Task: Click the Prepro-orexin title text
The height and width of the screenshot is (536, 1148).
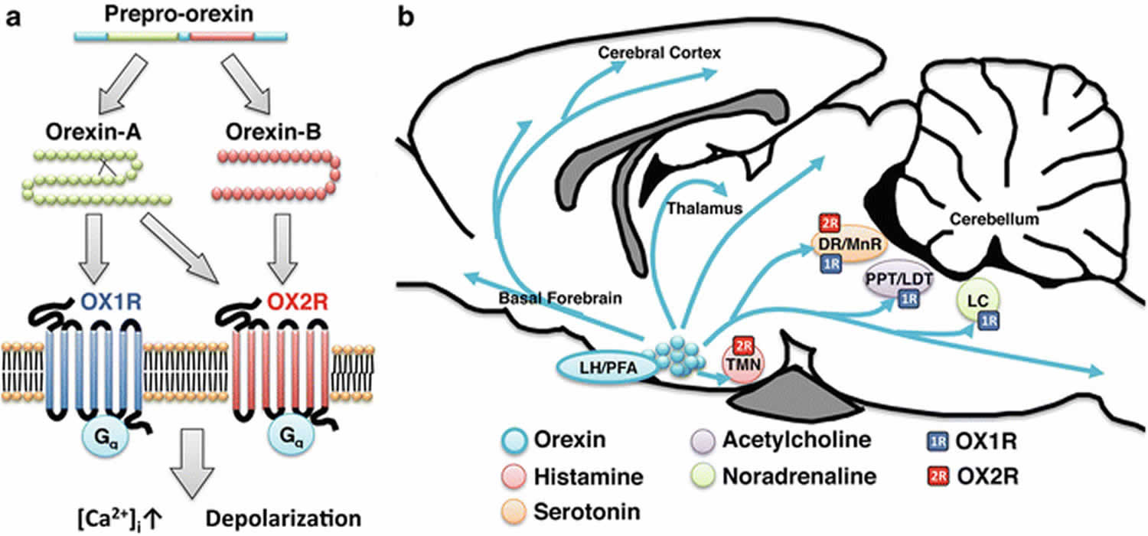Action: tap(179, 15)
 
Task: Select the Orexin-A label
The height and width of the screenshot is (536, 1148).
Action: tap(93, 132)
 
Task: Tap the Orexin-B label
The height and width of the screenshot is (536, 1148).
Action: tap(273, 132)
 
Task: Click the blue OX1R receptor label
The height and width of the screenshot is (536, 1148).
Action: tap(111, 302)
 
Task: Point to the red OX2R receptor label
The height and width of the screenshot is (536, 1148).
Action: tap(298, 302)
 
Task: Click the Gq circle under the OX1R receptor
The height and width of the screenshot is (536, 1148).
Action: tap(106, 437)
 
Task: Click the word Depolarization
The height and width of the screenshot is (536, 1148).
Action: tap(283, 518)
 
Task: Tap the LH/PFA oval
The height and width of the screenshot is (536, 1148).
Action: tap(608, 368)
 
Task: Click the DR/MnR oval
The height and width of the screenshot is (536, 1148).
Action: tap(850, 244)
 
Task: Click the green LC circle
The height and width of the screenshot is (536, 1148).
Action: tap(978, 301)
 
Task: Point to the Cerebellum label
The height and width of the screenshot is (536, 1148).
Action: tap(994, 219)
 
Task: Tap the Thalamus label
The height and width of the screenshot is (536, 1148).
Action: tap(705, 208)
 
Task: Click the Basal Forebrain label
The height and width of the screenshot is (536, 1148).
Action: tap(560, 298)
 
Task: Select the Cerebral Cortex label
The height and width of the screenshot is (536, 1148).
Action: tap(660, 52)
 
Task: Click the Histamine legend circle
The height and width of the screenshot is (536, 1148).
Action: tap(514, 476)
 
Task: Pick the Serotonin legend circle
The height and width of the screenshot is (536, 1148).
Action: tap(514, 512)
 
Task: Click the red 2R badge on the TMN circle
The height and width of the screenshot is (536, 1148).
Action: tap(743, 347)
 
